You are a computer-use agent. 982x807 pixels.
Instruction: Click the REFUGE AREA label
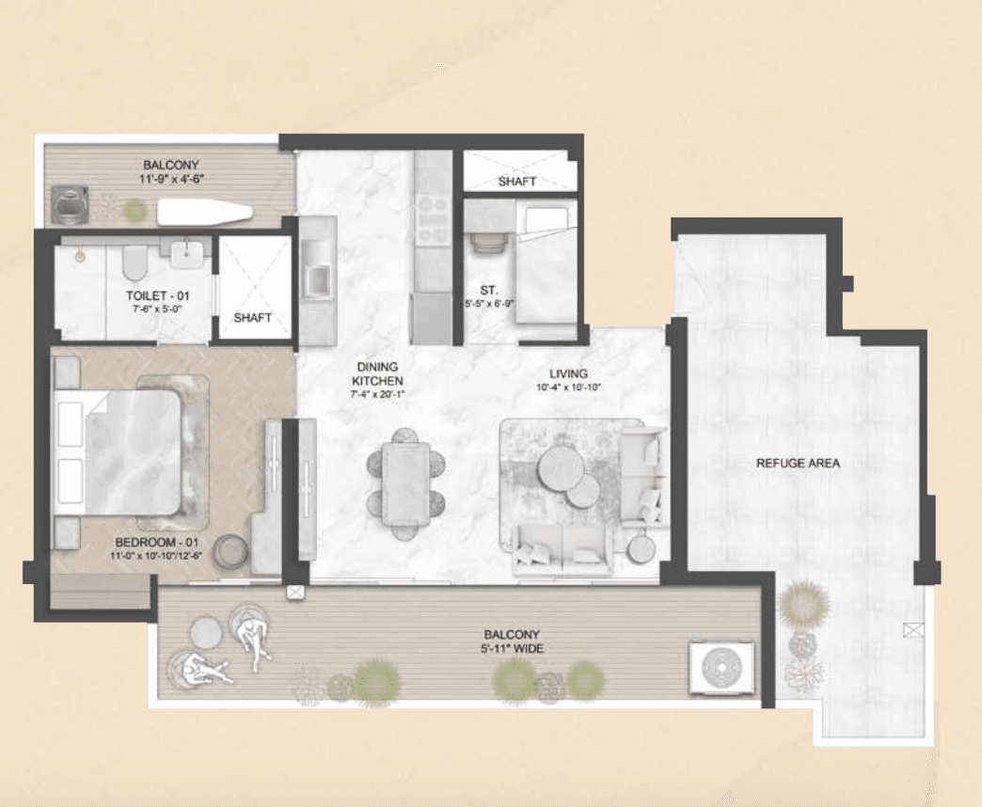[797, 464]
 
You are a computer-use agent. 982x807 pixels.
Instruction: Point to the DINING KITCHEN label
[377, 373]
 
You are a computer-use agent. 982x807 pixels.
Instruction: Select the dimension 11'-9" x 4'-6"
[170, 176]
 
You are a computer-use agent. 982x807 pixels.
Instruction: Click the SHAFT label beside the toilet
[253, 318]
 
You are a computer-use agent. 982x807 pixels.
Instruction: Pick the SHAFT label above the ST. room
[517, 181]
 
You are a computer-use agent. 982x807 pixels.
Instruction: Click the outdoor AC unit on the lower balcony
[721, 668]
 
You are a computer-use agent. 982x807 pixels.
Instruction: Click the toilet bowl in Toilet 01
[135, 263]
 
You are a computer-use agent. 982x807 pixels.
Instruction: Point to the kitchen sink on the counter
[316, 278]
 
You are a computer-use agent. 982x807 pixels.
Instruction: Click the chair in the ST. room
[487, 243]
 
